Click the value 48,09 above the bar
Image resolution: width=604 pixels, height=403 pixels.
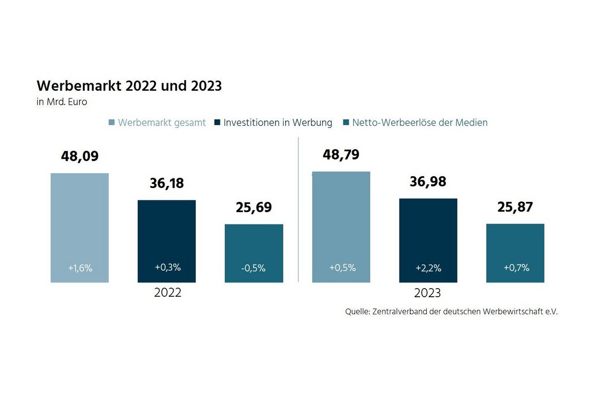tap(80, 156)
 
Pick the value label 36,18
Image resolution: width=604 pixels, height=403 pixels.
tap(167, 183)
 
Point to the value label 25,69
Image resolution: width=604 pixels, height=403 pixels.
tap(253, 208)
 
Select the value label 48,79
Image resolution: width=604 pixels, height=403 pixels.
tap(341, 155)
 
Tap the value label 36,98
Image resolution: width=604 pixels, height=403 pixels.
tap(428, 182)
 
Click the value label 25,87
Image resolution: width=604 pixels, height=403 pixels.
tap(515, 207)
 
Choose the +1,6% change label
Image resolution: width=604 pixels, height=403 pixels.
tap(80, 268)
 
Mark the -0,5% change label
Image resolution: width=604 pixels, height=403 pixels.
tap(253, 268)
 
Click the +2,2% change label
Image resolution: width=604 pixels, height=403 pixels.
tap(428, 268)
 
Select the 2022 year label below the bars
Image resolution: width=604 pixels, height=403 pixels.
tap(167, 293)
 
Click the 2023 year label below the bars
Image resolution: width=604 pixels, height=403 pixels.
tap(428, 293)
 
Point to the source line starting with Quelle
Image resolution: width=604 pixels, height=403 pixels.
tap(451, 312)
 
